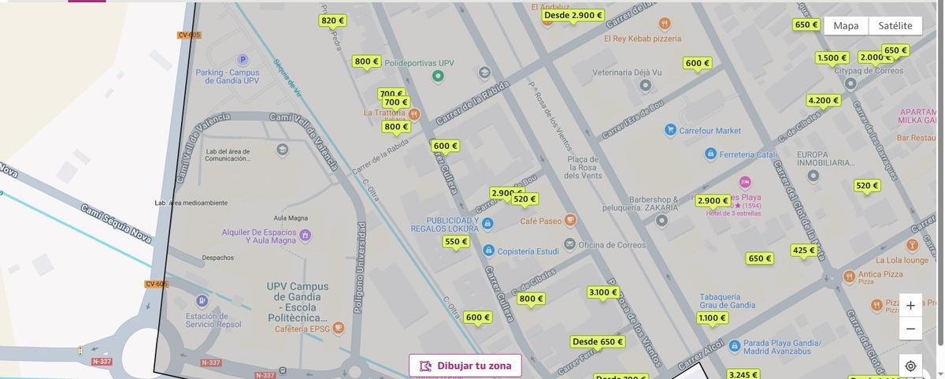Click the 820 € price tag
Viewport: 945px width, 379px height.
(x=332, y=20)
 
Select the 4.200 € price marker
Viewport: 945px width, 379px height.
(x=824, y=100)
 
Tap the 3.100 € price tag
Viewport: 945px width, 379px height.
(x=603, y=292)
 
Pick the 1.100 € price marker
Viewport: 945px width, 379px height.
(x=712, y=318)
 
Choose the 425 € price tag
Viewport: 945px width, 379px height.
(x=804, y=251)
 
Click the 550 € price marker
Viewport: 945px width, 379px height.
(x=456, y=242)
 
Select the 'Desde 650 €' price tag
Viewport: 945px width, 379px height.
(x=598, y=342)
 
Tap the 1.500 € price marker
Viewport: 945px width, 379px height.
(x=832, y=58)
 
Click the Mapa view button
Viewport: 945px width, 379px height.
(x=846, y=25)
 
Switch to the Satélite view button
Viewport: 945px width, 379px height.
(x=895, y=25)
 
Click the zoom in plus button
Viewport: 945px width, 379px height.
(x=910, y=306)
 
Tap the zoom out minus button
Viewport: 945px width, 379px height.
(x=910, y=329)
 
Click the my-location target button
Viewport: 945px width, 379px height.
(x=910, y=366)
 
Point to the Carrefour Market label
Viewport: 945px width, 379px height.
(x=710, y=131)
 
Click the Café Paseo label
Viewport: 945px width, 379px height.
(x=541, y=221)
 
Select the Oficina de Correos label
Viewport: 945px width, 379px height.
(x=612, y=245)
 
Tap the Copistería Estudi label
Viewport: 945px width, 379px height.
(x=528, y=251)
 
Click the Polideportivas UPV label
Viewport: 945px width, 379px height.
(x=419, y=63)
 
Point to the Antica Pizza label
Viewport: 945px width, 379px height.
(x=880, y=274)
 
